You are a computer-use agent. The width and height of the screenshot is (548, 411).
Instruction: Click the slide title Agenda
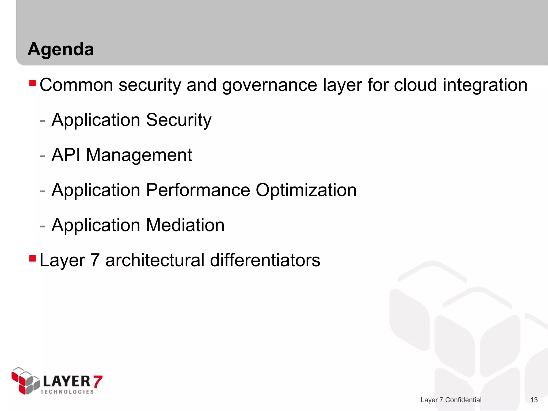point(61,50)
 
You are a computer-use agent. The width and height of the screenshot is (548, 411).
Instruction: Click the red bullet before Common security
point(32,83)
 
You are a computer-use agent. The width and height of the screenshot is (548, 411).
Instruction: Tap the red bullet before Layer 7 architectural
point(32,258)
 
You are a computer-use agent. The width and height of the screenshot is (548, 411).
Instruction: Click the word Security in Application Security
point(178,120)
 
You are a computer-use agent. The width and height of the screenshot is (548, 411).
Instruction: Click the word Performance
point(198,190)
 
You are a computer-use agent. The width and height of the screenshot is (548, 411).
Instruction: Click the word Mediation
point(185,225)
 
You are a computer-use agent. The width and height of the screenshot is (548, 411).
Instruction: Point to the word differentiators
point(265,260)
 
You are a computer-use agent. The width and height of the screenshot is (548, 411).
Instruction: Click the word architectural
point(155,260)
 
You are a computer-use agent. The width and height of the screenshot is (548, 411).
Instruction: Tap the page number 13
point(534,400)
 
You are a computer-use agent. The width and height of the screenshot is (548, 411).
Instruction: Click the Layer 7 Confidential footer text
point(451,400)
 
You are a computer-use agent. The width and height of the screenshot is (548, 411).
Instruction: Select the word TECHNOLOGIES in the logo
point(67,392)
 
